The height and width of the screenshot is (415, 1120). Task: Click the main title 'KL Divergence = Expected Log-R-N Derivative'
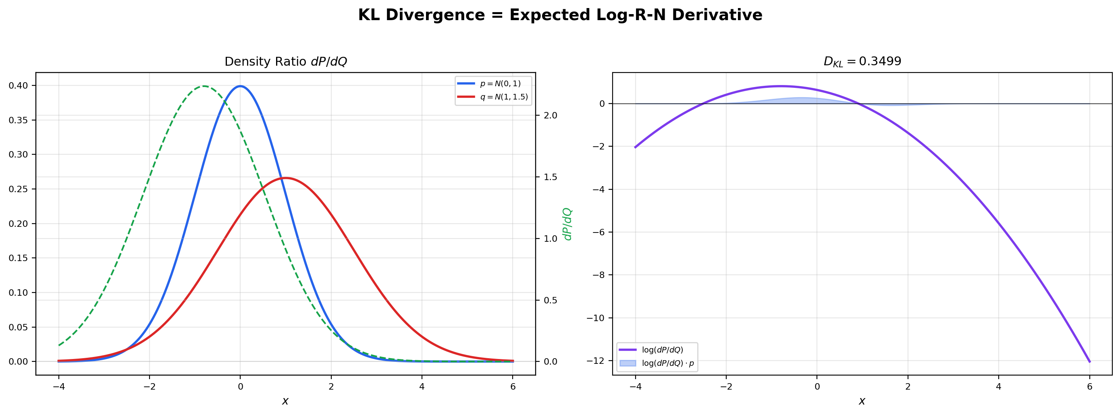click(560, 15)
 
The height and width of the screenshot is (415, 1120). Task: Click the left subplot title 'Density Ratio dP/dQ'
click(286, 62)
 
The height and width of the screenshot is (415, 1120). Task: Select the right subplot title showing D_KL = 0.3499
click(862, 61)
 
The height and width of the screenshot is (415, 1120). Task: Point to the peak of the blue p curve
click(241, 86)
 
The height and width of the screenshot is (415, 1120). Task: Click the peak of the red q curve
click(285, 178)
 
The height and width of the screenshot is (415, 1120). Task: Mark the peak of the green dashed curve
click(204, 86)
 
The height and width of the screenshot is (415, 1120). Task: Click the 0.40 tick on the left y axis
click(18, 85)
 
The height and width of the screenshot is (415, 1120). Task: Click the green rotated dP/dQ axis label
click(567, 224)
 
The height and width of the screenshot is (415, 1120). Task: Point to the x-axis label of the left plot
click(285, 401)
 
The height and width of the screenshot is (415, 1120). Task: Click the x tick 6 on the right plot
click(1089, 387)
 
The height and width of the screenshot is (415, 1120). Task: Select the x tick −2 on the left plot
click(149, 387)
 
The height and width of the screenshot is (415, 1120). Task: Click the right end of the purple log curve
click(1089, 361)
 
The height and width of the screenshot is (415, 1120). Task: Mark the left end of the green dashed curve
click(59, 345)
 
